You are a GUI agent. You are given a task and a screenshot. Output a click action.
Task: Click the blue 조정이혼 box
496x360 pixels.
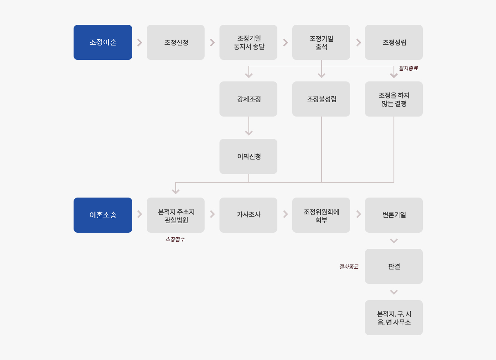point(103,42)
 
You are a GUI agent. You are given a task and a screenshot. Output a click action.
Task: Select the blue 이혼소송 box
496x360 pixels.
point(103,215)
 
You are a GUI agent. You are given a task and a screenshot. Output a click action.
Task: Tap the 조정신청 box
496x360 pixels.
point(176,42)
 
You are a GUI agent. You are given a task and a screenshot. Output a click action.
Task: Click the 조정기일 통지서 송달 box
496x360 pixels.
point(248,42)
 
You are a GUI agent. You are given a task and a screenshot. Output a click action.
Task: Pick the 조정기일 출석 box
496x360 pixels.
point(321,42)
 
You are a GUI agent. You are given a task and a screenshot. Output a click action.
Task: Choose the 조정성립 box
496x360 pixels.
point(393,42)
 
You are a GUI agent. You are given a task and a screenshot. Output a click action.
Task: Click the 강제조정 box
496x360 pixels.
point(248,99)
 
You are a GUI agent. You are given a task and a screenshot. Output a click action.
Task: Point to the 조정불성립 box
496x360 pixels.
point(321,99)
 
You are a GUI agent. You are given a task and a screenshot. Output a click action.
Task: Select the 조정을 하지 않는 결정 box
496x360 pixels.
point(393,99)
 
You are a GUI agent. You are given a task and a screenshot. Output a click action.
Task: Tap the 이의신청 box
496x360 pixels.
point(248,156)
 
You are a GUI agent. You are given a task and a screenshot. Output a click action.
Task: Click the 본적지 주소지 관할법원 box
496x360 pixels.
point(176,215)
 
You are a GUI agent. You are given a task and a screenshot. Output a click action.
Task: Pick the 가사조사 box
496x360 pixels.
point(248,215)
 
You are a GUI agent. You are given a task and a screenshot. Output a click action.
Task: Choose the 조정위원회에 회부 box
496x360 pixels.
point(321,215)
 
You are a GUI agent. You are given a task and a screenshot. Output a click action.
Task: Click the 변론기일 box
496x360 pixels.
point(393,215)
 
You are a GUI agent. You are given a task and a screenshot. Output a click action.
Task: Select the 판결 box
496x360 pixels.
point(393,266)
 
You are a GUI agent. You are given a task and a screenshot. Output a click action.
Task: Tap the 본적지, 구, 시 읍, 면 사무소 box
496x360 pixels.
point(393,317)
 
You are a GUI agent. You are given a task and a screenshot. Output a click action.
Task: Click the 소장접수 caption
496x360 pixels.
point(175,239)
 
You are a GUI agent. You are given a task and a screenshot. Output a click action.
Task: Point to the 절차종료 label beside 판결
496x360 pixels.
point(349,267)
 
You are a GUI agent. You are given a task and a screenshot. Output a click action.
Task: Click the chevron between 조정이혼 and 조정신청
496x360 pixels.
point(140,43)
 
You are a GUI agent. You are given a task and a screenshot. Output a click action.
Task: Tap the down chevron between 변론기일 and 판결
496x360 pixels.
point(393,241)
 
